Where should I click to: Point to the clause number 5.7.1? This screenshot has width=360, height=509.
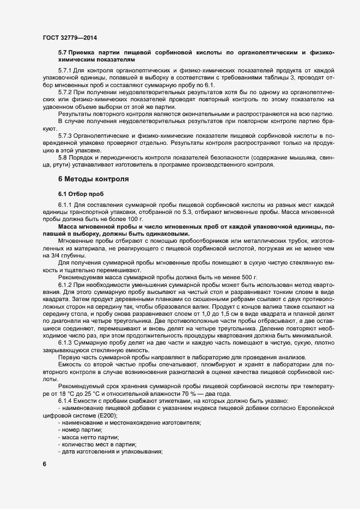(66, 72)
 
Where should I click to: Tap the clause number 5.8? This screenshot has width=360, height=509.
(63, 156)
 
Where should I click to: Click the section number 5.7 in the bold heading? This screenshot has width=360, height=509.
(63, 52)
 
